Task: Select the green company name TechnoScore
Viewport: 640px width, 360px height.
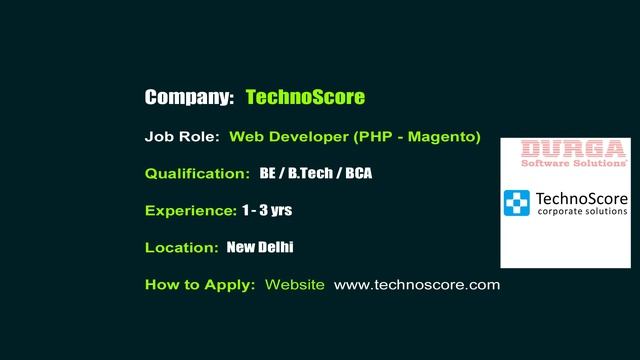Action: pos(305,97)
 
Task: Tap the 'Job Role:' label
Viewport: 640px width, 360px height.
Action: pos(182,136)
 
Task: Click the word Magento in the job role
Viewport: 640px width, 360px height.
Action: pos(443,136)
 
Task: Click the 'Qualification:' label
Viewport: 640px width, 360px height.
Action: pos(197,173)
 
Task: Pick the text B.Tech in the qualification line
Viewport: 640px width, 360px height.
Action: pos(311,173)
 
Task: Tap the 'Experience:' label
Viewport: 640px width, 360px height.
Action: pos(190,210)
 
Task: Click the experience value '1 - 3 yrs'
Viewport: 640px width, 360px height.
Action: pos(267,210)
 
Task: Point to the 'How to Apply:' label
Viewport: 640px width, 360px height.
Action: pos(200,284)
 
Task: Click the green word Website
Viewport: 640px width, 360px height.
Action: pos(295,284)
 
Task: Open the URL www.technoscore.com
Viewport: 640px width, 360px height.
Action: pos(416,284)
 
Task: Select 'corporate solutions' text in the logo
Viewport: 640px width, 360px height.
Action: pos(582,212)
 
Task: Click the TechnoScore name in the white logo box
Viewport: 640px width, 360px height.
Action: pos(582,197)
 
